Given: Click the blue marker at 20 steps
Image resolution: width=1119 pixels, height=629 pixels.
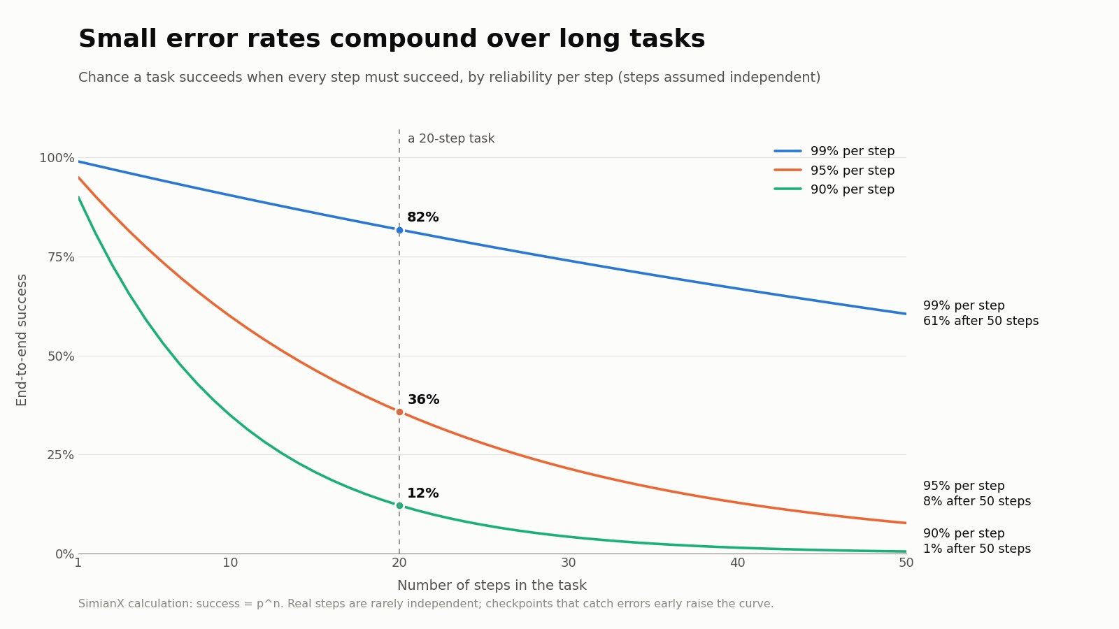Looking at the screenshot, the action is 399,230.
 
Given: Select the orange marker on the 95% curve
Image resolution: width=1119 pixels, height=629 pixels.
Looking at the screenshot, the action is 399,412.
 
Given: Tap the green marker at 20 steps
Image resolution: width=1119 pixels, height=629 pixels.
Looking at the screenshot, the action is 399,506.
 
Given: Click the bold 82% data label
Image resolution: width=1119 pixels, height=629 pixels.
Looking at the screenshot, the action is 422,217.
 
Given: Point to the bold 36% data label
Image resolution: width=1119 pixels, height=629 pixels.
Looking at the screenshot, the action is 423,399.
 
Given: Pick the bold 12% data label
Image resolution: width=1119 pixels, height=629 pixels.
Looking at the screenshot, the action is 422,493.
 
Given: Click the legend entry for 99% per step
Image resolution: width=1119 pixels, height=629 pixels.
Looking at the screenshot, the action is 834,151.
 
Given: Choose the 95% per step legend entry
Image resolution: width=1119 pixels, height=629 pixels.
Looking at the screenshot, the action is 834,171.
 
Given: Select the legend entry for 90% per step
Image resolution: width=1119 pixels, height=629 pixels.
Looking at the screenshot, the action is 834,189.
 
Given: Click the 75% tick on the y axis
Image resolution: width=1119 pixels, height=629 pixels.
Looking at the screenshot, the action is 61,257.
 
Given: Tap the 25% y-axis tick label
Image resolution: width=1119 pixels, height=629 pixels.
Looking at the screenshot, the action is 60,455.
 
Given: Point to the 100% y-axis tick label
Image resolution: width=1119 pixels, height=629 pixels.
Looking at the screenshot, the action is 57,158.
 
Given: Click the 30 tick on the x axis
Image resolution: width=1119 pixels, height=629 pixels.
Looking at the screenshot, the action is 568,563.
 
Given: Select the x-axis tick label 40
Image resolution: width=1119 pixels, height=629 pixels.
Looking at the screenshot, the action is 737,563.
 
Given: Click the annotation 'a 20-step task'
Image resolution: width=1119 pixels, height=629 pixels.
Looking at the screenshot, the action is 451,138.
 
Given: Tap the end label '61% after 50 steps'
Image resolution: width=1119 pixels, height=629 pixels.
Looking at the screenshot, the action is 981,321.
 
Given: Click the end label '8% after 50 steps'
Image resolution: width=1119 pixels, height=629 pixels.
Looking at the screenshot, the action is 976,501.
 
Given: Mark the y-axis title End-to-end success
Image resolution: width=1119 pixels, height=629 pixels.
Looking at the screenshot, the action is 22,340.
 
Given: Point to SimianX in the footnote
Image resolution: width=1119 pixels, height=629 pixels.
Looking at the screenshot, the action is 101,604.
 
